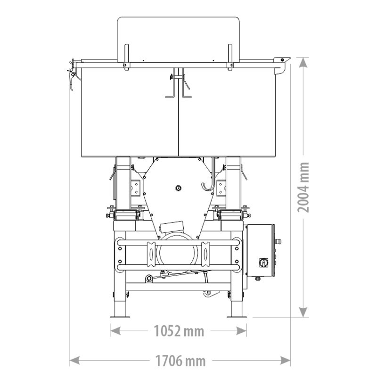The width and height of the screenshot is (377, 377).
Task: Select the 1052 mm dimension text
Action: (179, 331)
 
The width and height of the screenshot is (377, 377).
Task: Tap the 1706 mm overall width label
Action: (180, 361)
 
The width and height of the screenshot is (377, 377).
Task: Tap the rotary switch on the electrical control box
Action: (261, 261)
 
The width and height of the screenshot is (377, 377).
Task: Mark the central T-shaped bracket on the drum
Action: (179, 85)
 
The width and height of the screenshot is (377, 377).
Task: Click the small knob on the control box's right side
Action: (279, 242)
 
